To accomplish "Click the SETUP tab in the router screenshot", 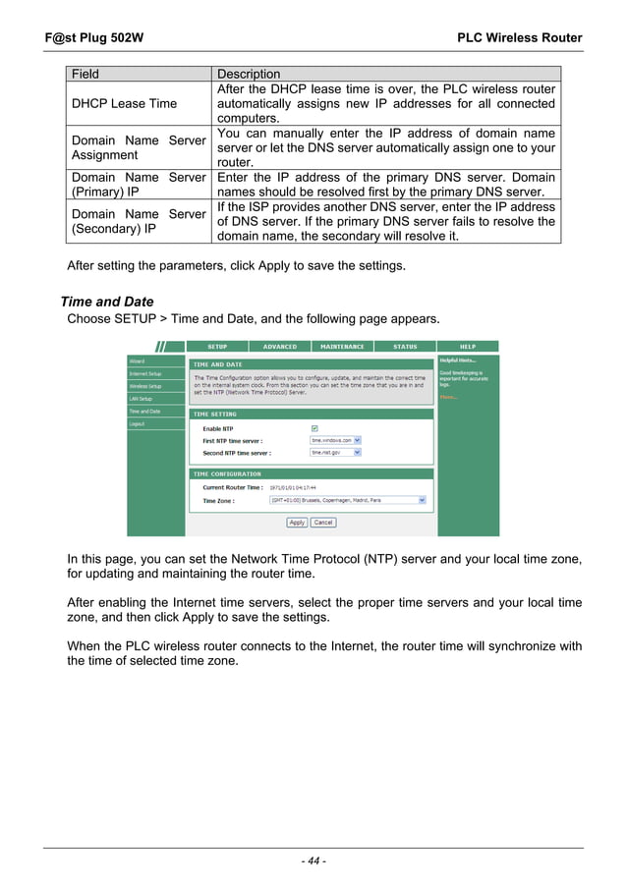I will pos(217,347).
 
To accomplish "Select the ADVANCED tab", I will pos(279,347).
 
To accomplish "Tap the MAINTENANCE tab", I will pos(342,347).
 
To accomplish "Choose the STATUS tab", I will pos(404,347).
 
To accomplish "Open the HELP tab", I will pos(468,347).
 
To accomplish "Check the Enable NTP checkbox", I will pos(314,429).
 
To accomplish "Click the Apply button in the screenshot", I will pos(297,523).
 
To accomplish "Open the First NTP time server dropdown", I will pos(336,441).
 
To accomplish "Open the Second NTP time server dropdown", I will pos(336,453).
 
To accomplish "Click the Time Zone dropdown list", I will pos(348,500).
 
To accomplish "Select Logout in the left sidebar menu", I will pos(137,424).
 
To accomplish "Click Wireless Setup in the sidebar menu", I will pos(144,386).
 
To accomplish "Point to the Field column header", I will pos(85,74).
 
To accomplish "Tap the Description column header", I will pos(249,74).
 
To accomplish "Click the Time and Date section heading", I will pos(107,302).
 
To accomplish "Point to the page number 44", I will pos(313,861).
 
